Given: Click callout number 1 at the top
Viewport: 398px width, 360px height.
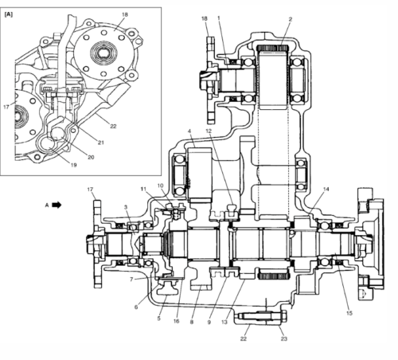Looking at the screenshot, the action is tap(219, 18).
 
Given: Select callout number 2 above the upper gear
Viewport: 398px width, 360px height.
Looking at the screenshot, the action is tap(291, 19).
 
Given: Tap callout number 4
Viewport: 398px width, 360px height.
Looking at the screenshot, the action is tap(189, 131).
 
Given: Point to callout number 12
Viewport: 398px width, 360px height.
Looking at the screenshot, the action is tap(209, 131).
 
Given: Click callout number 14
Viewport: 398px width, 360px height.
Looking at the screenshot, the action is tap(326, 189).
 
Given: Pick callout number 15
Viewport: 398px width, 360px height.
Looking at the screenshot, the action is tap(349, 313).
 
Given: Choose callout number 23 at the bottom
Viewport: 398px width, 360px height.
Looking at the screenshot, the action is tap(284, 338).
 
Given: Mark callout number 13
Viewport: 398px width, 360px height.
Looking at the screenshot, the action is tap(224, 322).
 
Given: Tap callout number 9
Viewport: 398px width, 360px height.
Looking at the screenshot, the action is tap(209, 322).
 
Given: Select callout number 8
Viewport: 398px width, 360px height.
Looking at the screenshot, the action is tap(192, 322).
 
